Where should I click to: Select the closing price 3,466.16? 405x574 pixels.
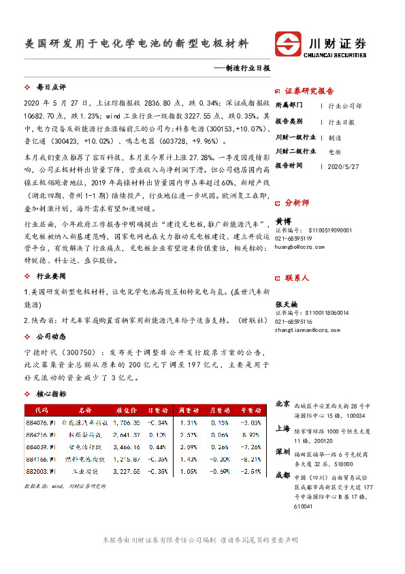[127, 446]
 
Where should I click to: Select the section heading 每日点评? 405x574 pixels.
[50, 88]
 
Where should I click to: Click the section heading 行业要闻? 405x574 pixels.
[50, 277]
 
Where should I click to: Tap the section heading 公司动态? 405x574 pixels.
[50, 336]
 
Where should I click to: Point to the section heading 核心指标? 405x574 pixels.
[50, 394]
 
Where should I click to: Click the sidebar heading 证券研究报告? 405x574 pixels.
[308, 91]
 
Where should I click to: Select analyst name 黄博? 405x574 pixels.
[282, 222]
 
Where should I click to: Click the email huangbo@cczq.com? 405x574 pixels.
[299, 247]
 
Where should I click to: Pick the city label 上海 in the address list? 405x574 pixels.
[282, 429]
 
